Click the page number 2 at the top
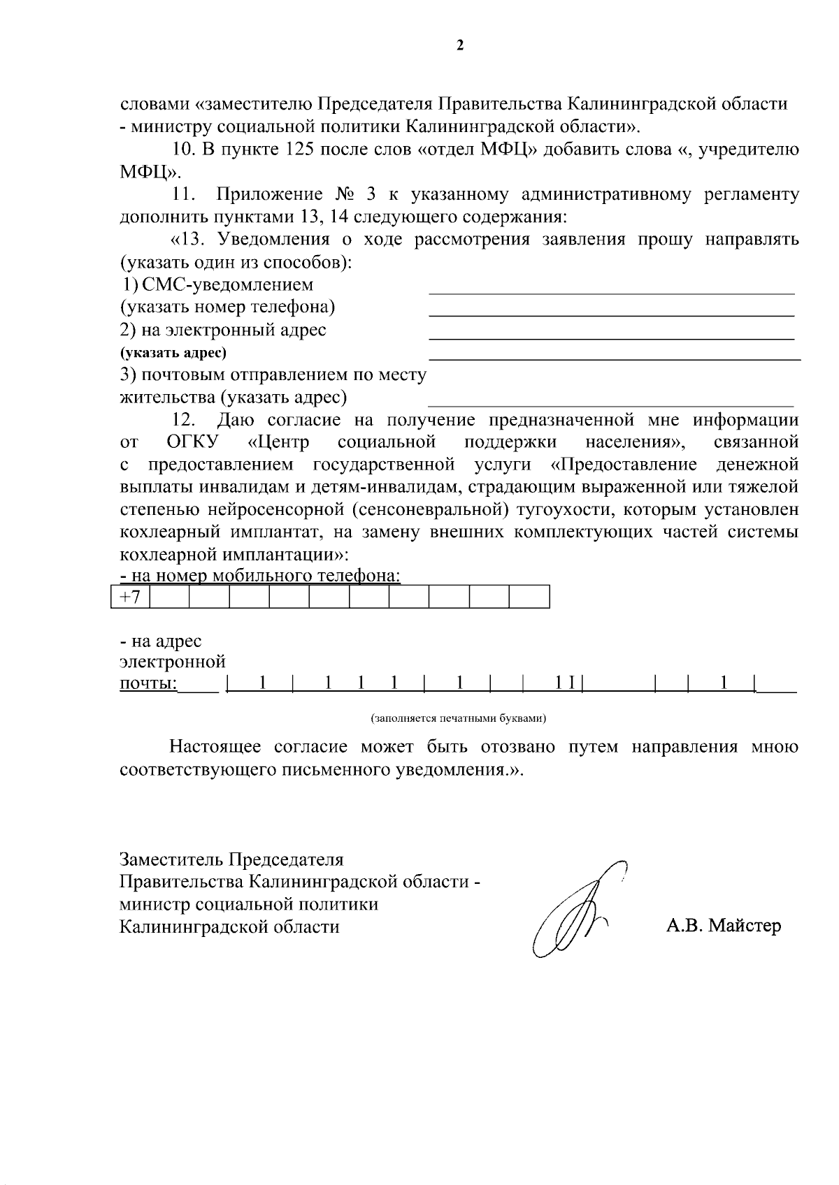(459, 46)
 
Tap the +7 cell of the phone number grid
(131, 597)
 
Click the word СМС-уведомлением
(227, 285)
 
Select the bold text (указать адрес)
(173, 353)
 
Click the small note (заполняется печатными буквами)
(458, 718)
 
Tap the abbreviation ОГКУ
(193, 442)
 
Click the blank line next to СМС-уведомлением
(611, 291)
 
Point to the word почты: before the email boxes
(148, 683)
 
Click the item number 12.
(183, 420)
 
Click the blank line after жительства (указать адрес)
(611, 404)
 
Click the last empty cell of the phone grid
(529, 597)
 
